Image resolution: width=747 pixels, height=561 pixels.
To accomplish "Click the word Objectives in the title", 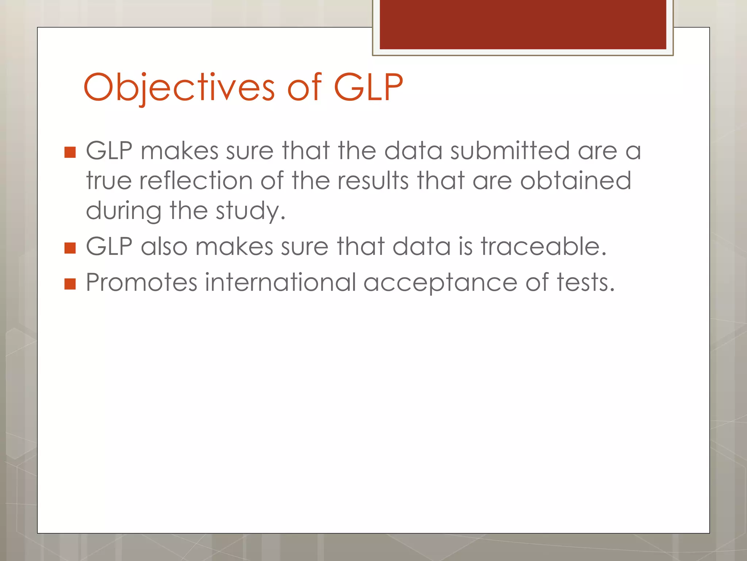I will [179, 87].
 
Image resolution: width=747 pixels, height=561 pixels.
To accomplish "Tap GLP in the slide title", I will [368, 87].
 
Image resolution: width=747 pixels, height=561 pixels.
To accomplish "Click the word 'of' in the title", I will [304, 87].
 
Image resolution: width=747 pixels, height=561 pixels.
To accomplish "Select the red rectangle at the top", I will [523, 24].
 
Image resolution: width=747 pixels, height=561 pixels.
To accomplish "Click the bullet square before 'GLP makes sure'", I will [70, 152].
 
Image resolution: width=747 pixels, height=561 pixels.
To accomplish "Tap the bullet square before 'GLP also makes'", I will [70, 248].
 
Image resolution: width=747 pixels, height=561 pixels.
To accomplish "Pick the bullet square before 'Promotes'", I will [70, 284].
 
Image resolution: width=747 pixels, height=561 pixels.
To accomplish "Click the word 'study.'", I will [251, 211].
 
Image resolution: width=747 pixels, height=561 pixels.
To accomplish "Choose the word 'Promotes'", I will [142, 282].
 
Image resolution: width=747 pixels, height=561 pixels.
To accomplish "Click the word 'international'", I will [280, 282].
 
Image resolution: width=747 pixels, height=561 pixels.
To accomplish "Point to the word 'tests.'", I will [586, 282].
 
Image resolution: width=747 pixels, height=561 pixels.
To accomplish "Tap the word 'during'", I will [123, 211].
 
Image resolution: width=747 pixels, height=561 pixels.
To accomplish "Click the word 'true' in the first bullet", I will [109, 181].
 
